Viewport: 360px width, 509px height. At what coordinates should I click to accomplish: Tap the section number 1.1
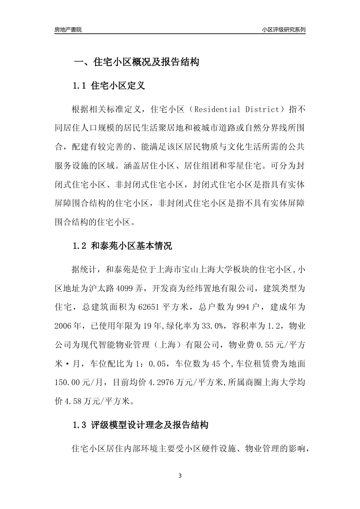coord(80,86)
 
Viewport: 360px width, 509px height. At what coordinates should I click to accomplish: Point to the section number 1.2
coord(80,246)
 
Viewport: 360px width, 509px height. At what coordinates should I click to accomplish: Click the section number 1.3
coord(80,425)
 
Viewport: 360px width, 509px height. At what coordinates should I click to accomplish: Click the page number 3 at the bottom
coord(180,476)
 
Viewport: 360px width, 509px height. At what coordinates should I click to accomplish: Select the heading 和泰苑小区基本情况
coord(131,246)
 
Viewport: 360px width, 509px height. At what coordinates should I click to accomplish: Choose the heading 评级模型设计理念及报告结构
coord(150,425)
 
